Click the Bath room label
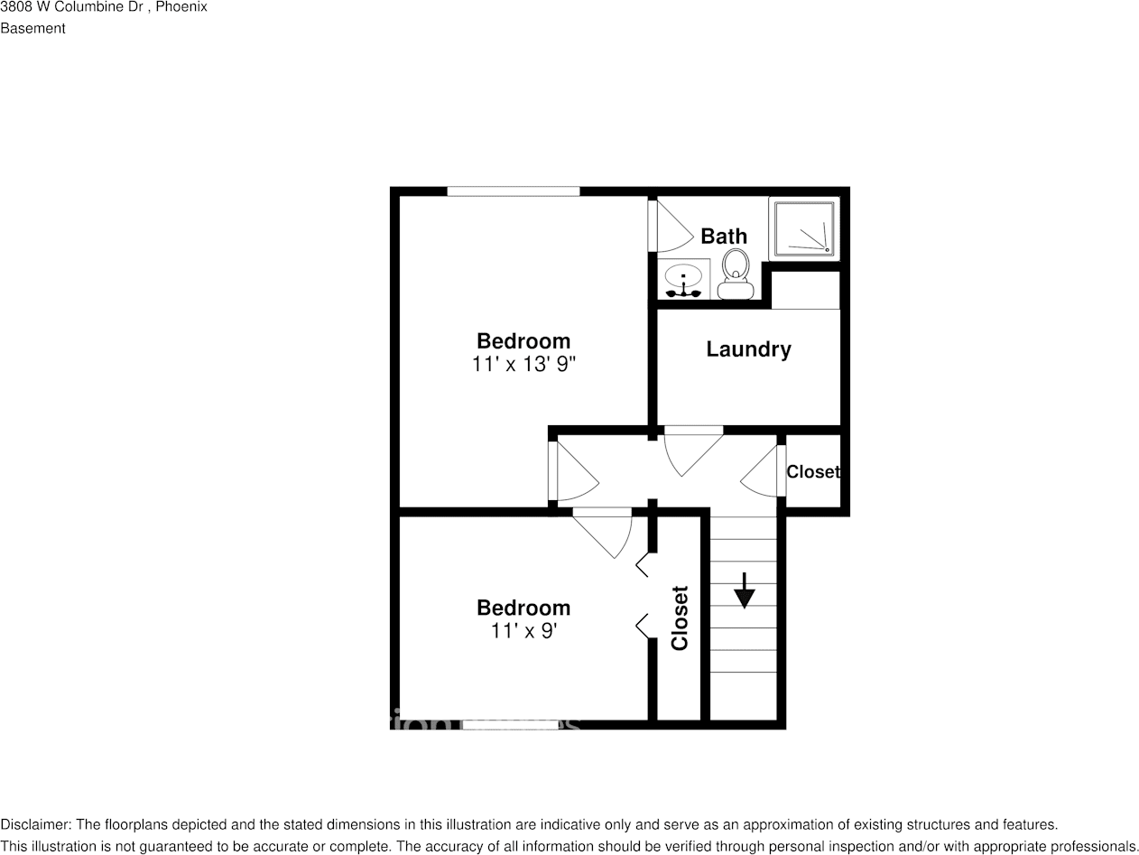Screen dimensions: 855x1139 pos(724,237)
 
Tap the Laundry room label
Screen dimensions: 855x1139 pos(748,349)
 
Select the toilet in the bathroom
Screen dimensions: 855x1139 pos(736,273)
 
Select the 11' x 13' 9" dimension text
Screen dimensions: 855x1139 pos(523,365)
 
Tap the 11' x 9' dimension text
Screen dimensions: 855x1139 pos(523,631)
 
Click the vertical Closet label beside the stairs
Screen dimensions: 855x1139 pos(680,618)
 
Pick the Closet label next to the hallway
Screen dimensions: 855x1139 pos(812,472)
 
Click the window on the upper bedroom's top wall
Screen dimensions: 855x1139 pos(513,191)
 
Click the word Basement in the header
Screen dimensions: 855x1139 pos(32,28)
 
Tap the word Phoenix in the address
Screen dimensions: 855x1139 pos(181,7)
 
